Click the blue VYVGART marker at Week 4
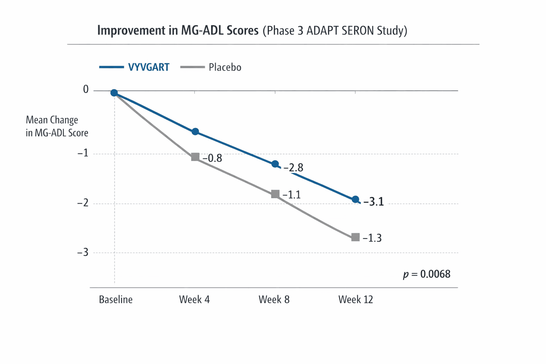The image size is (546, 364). tap(195, 132)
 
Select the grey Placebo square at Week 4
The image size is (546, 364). tap(195, 157)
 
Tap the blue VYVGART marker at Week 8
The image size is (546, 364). tap(275, 164)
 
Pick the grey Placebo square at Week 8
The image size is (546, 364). tap(275, 194)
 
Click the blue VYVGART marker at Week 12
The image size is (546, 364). tap(355, 200)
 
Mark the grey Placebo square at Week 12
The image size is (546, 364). tap(355, 237)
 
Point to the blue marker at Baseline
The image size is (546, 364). tap(114, 93)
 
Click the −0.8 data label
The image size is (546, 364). tap(212, 158)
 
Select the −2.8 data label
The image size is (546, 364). tap(293, 167)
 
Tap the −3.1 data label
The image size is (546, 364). tap(374, 202)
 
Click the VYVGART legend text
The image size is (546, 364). tap(149, 67)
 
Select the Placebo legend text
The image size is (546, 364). tap(225, 67)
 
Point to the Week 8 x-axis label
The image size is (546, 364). tap(274, 300)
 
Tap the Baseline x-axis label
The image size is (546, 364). tap(116, 300)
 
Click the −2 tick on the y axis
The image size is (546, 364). tap(83, 203)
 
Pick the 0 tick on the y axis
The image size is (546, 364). tap(86, 90)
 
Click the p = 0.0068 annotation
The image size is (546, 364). tap(427, 274)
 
